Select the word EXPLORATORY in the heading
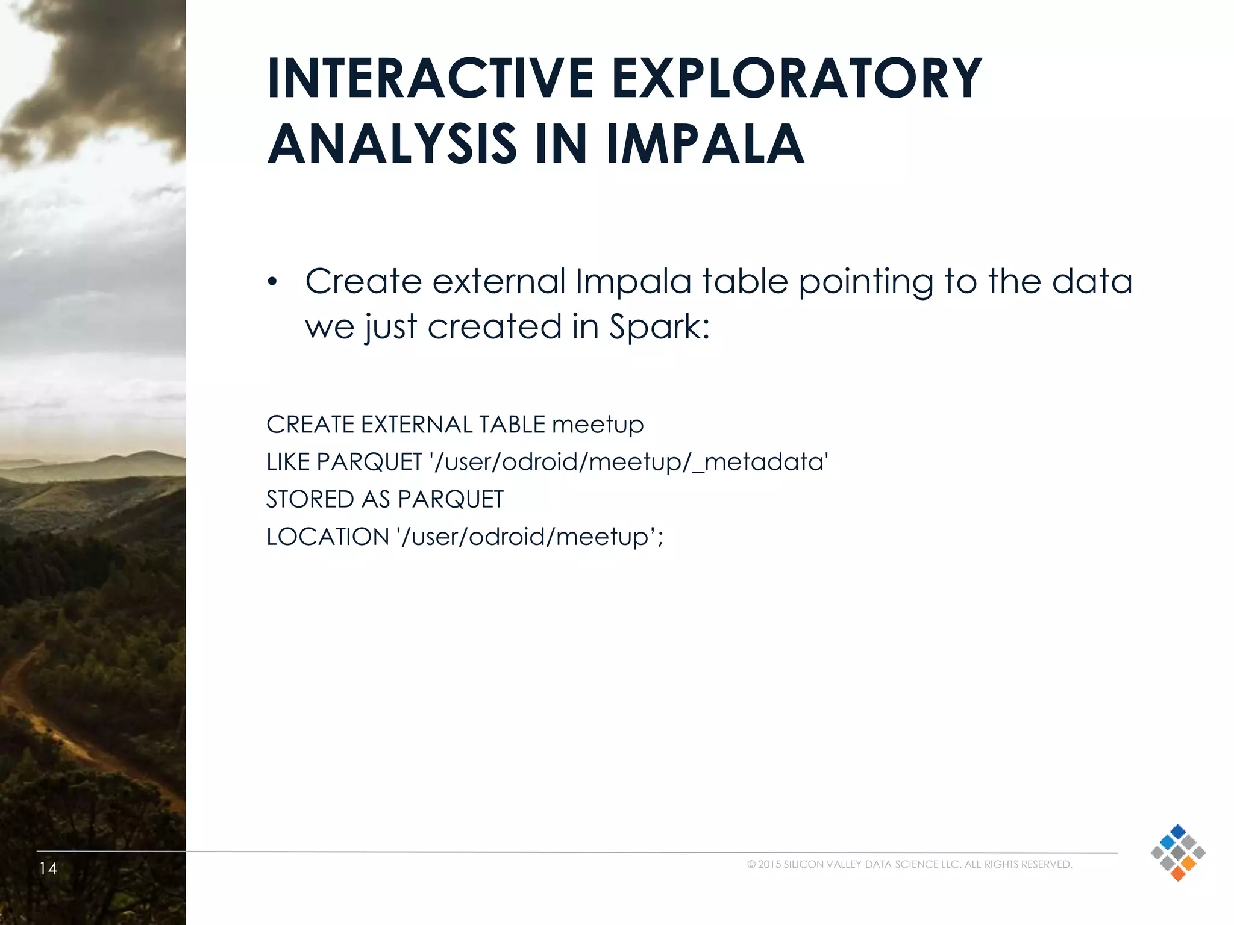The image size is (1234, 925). [797, 78]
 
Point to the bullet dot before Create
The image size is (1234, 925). [272, 282]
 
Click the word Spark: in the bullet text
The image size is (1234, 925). [659, 327]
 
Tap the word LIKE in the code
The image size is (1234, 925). [287, 462]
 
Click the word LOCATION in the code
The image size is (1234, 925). [328, 537]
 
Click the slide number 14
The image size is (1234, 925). [48, 868]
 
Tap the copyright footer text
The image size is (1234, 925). [909, 865]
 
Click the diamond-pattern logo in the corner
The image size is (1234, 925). [1177, 852]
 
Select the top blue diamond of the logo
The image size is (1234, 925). [1177, 832]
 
